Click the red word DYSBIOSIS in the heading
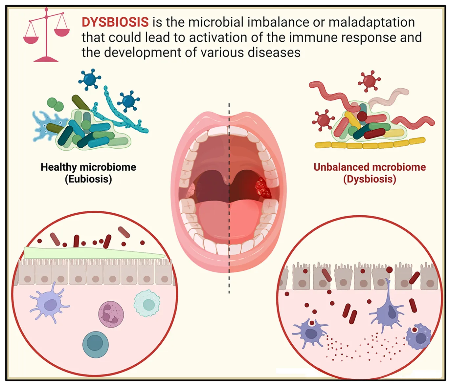(115, 22)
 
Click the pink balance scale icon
(46, 35)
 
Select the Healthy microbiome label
(88, 167)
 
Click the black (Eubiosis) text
(88, 179)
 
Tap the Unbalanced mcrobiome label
(370, 167)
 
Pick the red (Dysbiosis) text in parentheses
(370, 179)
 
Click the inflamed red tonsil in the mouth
(263, 188)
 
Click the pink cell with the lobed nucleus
(111, 314)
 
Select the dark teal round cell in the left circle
(95, 344)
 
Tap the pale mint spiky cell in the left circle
(147, 303)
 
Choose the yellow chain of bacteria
(370, 144)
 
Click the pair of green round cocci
(55, 104)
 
